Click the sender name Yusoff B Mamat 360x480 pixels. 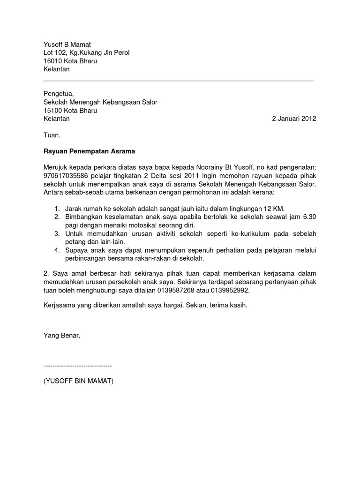pos(70,45)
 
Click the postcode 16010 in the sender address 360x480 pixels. pos(53,61)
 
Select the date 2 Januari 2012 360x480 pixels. pos(294,119)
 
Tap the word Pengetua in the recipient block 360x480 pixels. pos(58,94)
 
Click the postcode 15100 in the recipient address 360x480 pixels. pos(53,111)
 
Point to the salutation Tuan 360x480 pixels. pos(52,135)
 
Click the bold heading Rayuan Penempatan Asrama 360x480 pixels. pos(89,152)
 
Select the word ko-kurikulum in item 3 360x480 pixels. pos(247,234)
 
